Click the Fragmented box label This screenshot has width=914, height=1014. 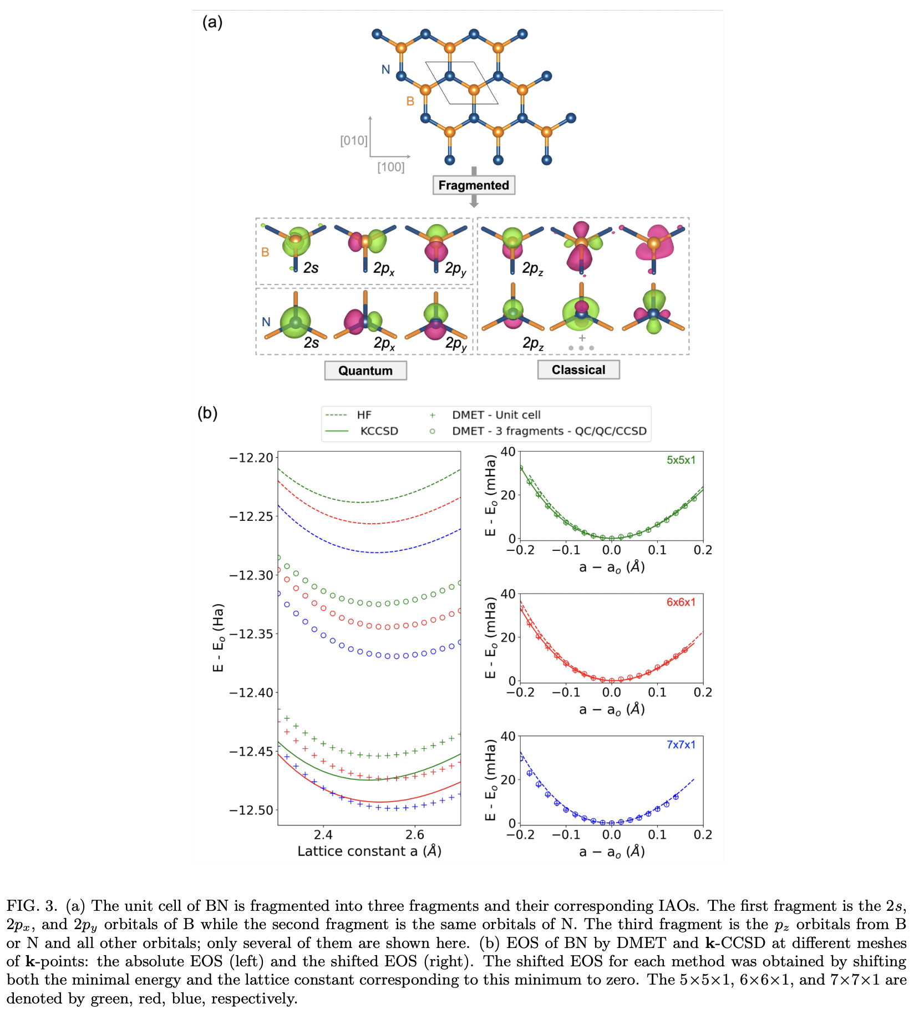pyautogui.click(x=474, y=185)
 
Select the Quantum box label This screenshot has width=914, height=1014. pyautogui.click(x=365, y=371)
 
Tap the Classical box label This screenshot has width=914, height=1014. pyautogui.click(x=578, y=370)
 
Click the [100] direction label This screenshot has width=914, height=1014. pyautogui.click(x=391, y=167)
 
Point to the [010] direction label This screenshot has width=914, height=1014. pyautogui.click(x=353, y=140)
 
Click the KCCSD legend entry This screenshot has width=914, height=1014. pyautogui.click(x=379, y=431)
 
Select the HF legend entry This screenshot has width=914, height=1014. pyautogui.click(x=364, y=415)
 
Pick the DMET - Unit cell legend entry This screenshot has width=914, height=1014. pyautogui.click(x=496, y=415)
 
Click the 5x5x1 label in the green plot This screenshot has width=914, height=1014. pyautogui.click(x=681, y=460)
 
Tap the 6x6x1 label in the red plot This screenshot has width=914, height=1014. pyautogui.click(x=681, y=602)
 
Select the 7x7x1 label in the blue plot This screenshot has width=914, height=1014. pyautogui.click(x=681, y=744)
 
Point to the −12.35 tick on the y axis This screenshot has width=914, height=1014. pyautogui.click(x=251, y=633)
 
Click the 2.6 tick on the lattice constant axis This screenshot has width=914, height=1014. pyautogui.click(x=414, y=835)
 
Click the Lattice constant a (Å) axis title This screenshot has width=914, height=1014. pyautogui.click(x=369, y=851)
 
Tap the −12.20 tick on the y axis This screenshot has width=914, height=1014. pyautogui.click(x=251, y=458)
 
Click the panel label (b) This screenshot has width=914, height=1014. pyautogui.click(x=207, y=413)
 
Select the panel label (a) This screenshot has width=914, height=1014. pyautogui.click(x=212, y=23)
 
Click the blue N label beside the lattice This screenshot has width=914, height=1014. pyautogui.click(x=385, y=69)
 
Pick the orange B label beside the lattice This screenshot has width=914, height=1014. pyautogui.click(x=410, y=101)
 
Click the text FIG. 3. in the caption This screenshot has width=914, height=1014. pyautogui.click(x=32, y=906)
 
